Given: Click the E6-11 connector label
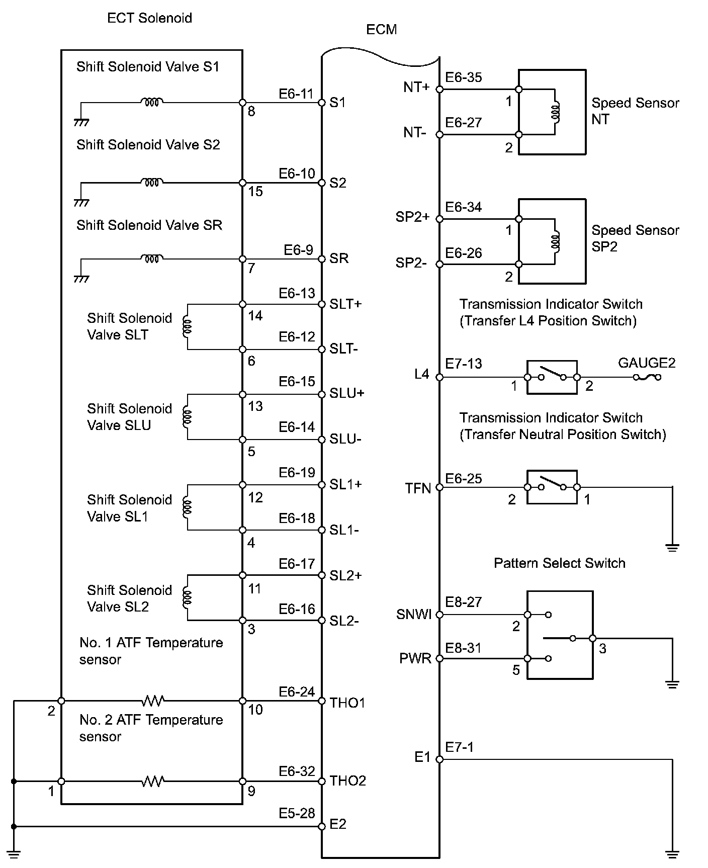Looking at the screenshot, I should coord(296,94).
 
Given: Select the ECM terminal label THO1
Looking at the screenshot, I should coord(347,702).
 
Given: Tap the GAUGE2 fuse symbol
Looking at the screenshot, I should coord(647,377).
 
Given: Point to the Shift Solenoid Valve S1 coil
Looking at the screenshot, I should coord(151,103).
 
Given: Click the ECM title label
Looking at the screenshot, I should coord(381,30).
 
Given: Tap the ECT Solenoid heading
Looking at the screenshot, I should coord(149,18).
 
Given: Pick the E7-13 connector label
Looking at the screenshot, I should coord(464,363).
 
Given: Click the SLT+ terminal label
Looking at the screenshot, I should coord(345,304).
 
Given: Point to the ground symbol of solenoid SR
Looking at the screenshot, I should coord(81,279).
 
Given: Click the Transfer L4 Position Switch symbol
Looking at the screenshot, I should coord(552,377).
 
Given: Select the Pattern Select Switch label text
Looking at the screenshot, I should coord(559,563).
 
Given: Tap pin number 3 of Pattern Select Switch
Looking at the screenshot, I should coord(603,649).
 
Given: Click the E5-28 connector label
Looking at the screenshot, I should coord(297,813).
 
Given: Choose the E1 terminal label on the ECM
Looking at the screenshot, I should coord(422,757).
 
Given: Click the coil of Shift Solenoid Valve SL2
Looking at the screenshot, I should coord(188,597).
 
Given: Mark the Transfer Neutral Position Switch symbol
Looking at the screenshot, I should coord(552,487).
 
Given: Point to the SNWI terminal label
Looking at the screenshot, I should coord(414,614).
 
